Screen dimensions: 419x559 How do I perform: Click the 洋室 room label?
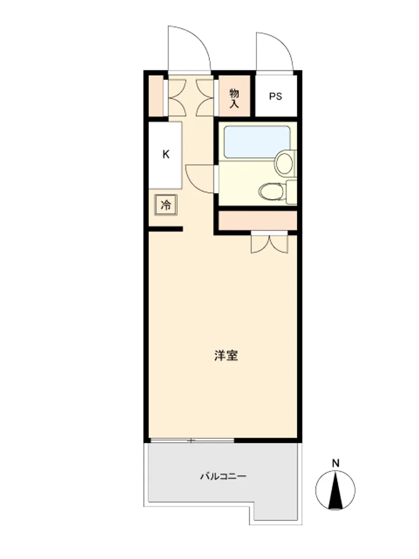226,356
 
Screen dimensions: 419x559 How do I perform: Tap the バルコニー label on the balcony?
223,476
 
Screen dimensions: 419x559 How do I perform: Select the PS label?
275,96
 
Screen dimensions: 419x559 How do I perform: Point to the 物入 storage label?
234,98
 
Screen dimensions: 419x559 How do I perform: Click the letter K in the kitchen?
166,154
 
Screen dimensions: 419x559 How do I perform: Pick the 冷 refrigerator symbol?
166,205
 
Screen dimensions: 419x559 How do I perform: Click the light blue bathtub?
256,142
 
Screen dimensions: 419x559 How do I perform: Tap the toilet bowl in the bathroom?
272,192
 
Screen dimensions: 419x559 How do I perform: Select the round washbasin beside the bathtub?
284,163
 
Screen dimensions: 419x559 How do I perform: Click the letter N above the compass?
336,463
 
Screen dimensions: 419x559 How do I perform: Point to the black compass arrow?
335,490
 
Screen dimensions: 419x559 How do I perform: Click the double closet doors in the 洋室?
269,244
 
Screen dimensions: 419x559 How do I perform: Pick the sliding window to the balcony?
192,440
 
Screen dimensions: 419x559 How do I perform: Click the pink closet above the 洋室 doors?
258,221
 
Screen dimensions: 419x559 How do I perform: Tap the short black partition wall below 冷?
166,229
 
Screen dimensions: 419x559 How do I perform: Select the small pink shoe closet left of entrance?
156,96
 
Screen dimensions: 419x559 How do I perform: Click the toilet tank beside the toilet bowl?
292,192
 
